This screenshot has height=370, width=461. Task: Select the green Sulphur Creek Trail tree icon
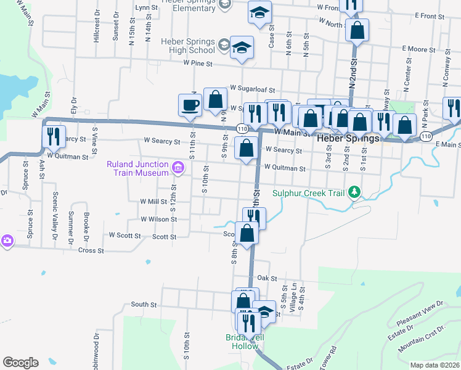[354, 193]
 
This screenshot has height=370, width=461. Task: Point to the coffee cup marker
[190, 104]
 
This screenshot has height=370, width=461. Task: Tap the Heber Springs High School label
[187, 46]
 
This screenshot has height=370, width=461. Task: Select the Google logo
[20, 363]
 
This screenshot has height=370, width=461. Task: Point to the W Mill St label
[153, 202]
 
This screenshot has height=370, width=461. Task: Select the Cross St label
[91, 250]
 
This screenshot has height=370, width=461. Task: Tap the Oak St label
[264, 279]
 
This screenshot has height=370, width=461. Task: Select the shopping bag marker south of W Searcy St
[247, 149]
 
